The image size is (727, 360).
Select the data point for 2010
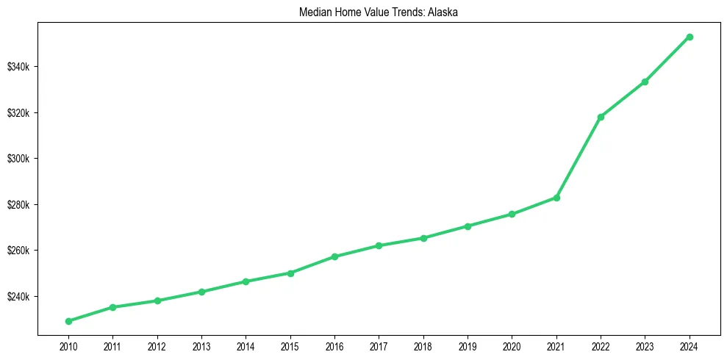tap(68, 321)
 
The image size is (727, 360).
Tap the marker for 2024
tap(690, 37)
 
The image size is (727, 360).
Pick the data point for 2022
tap(601, 117)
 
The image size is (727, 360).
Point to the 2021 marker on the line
tap(556, 198)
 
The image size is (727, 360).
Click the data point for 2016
tap(334, 256)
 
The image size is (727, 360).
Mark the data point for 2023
tap(645, 82)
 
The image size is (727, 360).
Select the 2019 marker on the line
tap(468, 226)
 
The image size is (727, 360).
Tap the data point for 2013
tap(201, 292)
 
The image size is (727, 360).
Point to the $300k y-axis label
tap(18, 159)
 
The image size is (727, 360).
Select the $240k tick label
tap(18, 297)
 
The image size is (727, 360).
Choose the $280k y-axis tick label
tap(18, 205)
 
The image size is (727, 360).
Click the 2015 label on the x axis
tap(290, 345)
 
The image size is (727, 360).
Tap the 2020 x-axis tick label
tap(512, 345)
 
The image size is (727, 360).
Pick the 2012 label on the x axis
tap(157, 345)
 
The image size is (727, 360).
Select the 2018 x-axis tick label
tap(423, 345)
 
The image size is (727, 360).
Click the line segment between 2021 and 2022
tap(579, 157)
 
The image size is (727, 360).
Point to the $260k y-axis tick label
tap(18, 251)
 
